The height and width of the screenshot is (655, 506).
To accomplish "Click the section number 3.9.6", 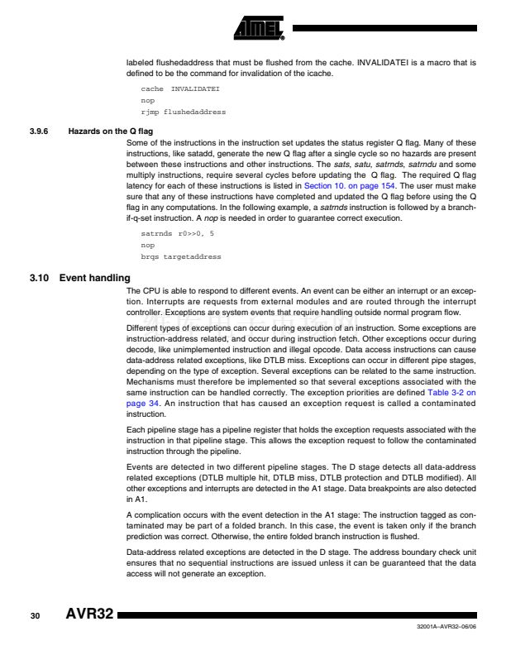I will click(41, 131).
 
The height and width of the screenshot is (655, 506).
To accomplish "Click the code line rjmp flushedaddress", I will click(183, 112).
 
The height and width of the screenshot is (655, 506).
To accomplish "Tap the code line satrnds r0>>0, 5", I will click(178, 234).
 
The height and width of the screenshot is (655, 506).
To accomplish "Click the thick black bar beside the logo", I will click(385, 28).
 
